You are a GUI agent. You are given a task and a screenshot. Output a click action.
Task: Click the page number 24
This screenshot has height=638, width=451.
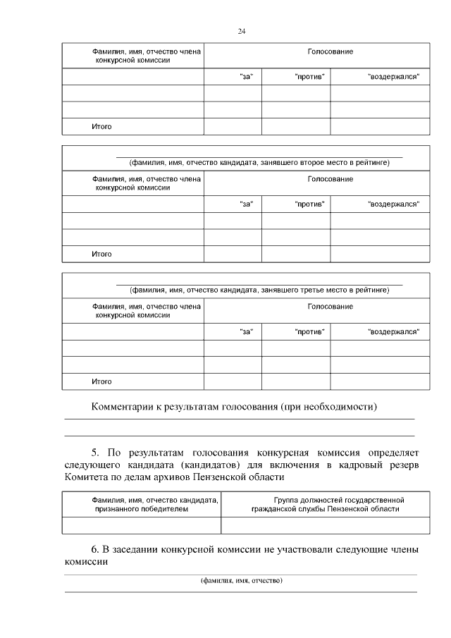(x=242, y=32)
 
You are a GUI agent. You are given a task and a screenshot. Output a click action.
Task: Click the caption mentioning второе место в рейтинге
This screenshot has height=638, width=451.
(x=259, y=163)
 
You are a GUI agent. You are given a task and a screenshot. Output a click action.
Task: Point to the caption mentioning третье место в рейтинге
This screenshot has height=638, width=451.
(x=259, y=290)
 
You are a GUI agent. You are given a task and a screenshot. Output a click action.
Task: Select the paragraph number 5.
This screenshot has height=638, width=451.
(x=96, y=452)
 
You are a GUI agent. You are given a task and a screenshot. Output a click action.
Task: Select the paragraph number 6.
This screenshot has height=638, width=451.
(x=96, y=549)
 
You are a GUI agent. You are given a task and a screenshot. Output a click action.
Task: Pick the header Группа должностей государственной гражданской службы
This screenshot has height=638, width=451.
(x=325, y=504)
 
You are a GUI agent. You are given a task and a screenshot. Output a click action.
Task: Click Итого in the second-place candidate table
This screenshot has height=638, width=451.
(x=101, y=254)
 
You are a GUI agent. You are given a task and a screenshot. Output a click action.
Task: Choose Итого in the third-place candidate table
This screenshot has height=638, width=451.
(x=101, y=381)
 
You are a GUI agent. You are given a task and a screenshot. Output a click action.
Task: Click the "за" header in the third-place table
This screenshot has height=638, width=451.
(x=247, y=331)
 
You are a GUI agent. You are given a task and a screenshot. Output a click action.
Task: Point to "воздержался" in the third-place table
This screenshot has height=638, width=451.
(x=394, y=331)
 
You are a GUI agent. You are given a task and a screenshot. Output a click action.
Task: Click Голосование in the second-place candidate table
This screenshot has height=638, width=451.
(x=330, y=179)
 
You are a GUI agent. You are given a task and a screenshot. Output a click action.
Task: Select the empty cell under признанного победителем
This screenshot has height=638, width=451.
(x=142, y=525)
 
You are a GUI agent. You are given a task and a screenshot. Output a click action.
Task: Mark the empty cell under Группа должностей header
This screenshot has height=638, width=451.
(x=325, y=525)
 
